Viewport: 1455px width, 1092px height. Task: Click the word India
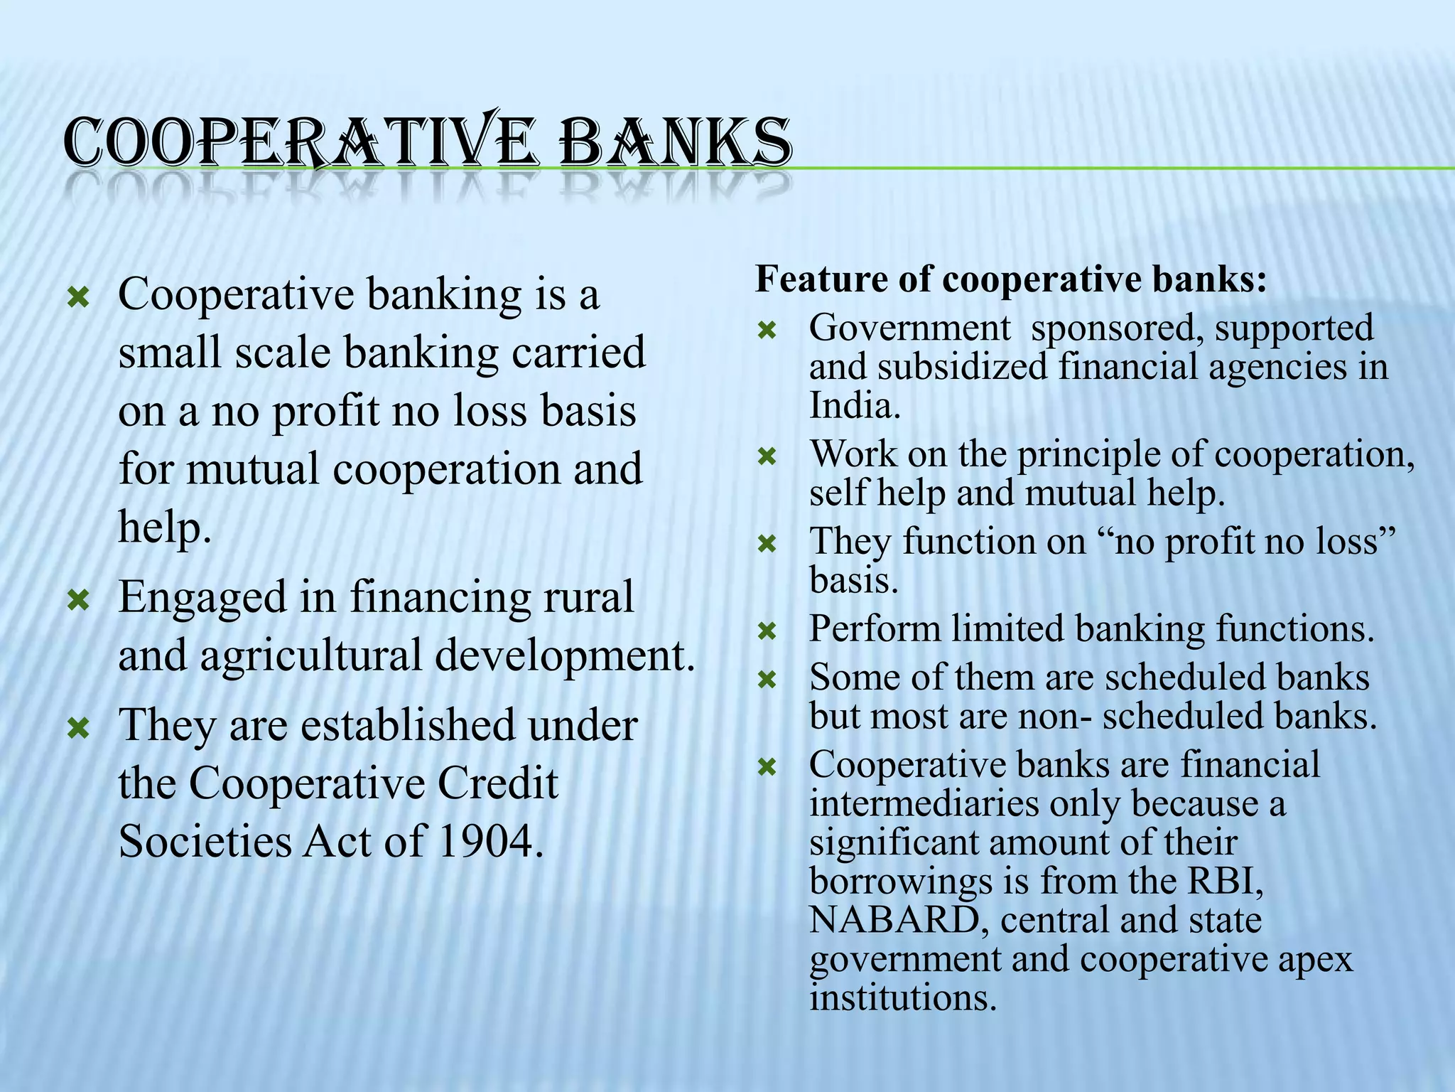[x=855, y=406]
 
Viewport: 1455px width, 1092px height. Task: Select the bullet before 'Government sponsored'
[x=767, y=331]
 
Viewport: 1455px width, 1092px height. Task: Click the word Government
[x=909, y=328]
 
